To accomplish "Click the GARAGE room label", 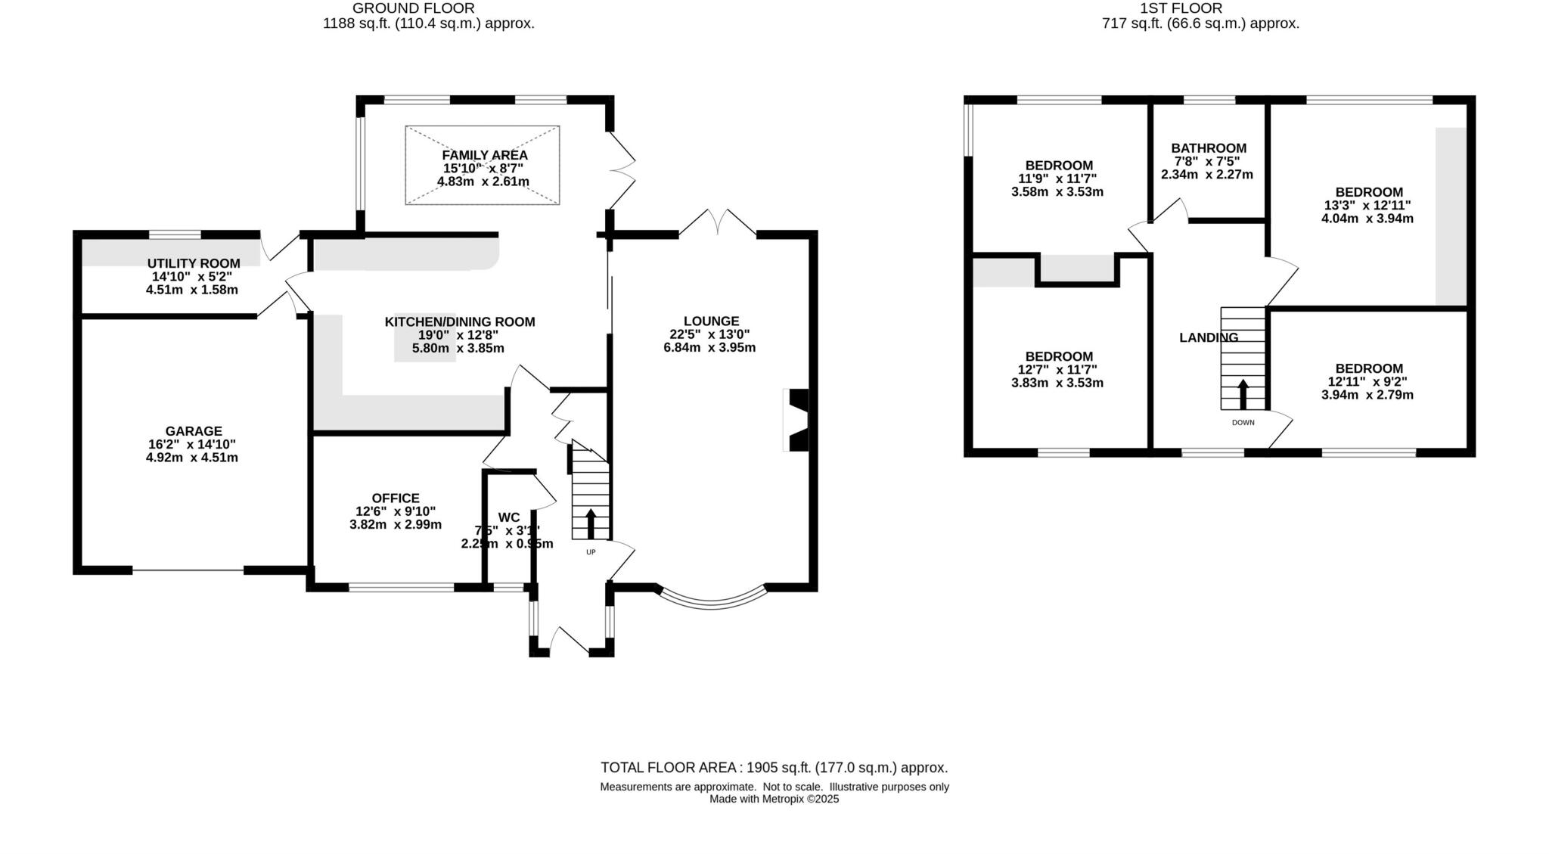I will click(x=194, y=431).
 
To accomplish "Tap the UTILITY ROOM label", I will click(x=194, y=263).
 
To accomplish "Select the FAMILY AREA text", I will click(x=485, y=155).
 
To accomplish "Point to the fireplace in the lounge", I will click(x=797, y=421).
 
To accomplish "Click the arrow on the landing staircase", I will click(x=1243, y=394).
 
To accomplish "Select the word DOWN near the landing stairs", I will click(x=1243, y=423).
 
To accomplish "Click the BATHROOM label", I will click(x=1209, y=148).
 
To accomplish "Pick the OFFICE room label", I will click(x=396, y=498).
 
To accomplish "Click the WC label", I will click(x=509, y=517).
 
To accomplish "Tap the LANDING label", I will click(x=1209, y=337).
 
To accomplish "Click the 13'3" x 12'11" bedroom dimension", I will click(x=1368, y=205).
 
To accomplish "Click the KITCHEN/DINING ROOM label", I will click(x=460, y=321).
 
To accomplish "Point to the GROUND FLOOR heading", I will click(x=414, y=8).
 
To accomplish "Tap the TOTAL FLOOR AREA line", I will click(x=774, y=768).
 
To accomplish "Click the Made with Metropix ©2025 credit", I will click(x=774, y=799).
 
